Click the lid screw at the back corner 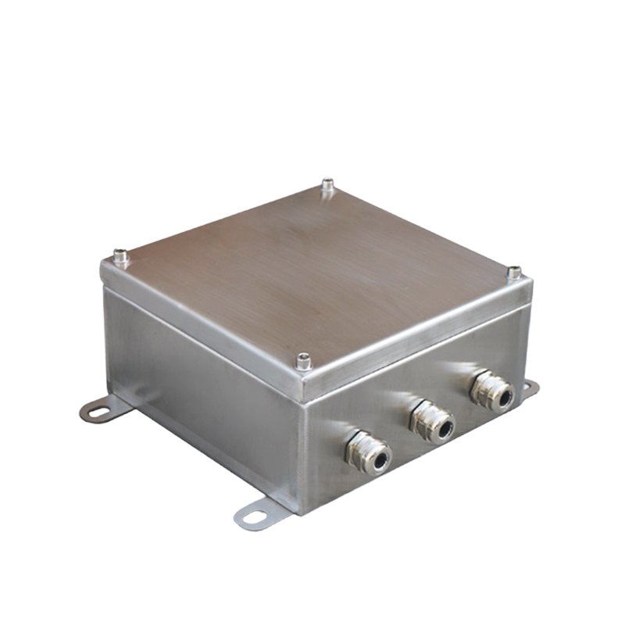327,186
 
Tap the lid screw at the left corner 120,255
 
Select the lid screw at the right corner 514,273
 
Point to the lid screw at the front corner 303,360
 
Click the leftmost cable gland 367,454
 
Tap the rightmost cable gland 491,392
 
